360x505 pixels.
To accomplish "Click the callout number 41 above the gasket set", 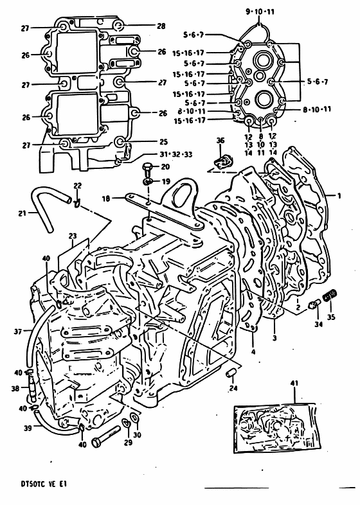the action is click(x=294, y=384).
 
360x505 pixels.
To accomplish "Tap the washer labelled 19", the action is click(x=147, y=182).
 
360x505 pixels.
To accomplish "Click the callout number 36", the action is click(x=220, y=141).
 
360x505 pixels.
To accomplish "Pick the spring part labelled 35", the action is click(x=330, y=295).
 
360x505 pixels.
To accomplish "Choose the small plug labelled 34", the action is click(x=314, y=304).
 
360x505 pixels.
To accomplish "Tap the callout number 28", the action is click(x=161, y=26).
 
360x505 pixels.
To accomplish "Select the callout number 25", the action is click(x=163, y=142).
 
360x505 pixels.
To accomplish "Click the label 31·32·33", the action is click(x=175, y=154).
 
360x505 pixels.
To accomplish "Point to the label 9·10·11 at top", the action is click(x=260, y=12).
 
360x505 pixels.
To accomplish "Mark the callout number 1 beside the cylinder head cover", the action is click(x=339, y=195).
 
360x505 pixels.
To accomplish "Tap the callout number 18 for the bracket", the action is click(x=107, y=199).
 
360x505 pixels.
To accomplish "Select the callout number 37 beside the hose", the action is click(x=19, y=331).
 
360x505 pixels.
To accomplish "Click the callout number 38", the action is click(x=15, y=389).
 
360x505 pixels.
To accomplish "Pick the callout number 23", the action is click(x=73, y=236).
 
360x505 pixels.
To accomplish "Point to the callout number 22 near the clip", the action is click(x=77, y=186).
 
